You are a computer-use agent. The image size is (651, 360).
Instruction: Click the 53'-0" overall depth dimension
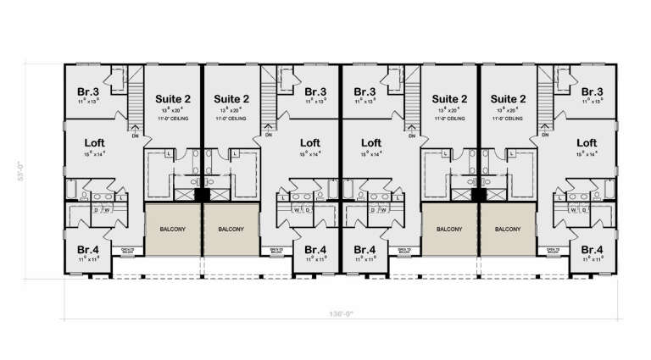tap(32, 172)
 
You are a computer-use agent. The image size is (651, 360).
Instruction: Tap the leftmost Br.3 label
tap(88, 91)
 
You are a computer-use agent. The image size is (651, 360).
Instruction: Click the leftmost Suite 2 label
tap(172, 98)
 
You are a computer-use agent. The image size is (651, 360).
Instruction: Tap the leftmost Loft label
tap(96, 143)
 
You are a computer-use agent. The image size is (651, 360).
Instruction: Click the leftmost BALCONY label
tap(172, 229)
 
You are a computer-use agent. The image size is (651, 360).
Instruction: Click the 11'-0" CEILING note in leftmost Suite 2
tap(172, 119)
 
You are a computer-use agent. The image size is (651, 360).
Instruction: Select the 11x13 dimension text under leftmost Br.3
tap(88, 101)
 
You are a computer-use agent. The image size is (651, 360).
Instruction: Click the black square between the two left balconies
tap(201, 195)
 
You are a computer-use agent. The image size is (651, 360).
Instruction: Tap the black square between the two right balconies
tap(479, 195)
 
